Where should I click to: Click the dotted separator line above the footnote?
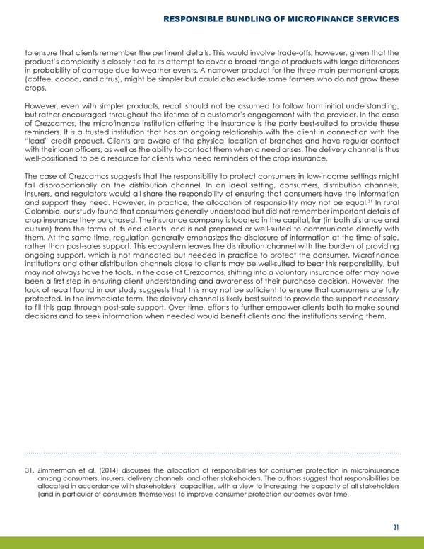(212, 452)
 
